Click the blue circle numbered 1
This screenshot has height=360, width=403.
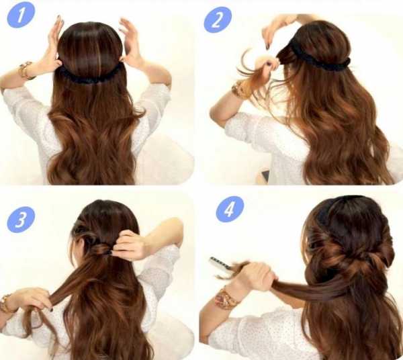click(x=21, y=14)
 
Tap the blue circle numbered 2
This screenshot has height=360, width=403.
click(x=218, y=19)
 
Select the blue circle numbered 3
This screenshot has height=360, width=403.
click(x=21, y=220)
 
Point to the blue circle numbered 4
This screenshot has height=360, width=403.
click(x=230, y=210)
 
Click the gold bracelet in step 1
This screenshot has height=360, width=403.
click(x=26, y=69)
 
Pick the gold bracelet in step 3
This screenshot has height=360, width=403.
click(x=5, y=303)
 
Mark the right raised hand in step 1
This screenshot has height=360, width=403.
click(x=130, y=41)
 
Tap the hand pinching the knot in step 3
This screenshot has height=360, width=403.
click(x=128, y=244)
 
